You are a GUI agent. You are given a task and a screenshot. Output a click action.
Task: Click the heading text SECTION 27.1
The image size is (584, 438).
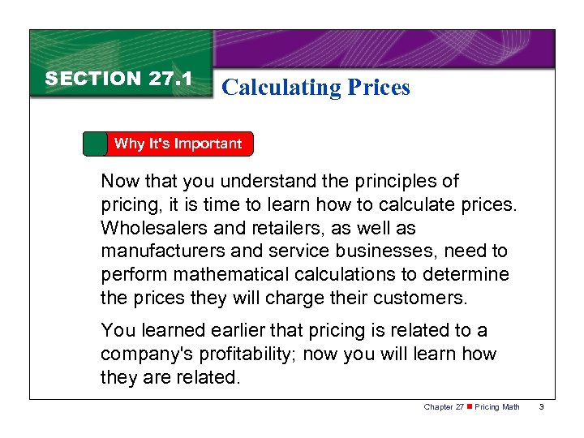[118, 79]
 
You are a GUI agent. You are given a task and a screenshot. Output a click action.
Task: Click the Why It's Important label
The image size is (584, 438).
[178, 144]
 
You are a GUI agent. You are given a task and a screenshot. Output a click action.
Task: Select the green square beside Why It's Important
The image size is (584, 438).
[96, 144]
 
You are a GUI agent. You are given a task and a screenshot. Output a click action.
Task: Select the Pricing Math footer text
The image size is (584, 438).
[497, 406]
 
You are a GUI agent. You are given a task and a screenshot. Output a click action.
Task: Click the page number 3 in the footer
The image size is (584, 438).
[540, 406]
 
